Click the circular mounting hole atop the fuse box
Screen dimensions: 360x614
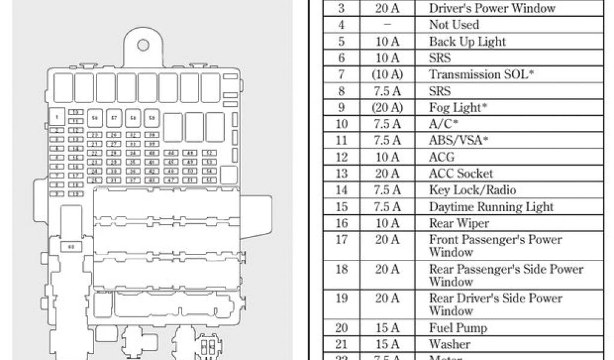143,46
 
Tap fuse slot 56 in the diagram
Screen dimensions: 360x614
95,118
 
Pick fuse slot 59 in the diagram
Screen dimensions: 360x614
152,118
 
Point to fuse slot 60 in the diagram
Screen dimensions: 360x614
71,246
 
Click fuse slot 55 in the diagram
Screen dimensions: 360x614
209,179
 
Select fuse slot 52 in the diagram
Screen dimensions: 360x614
209,153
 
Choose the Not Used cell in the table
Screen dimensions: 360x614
454,25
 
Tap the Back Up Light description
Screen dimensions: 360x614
467,41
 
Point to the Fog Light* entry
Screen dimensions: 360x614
458,107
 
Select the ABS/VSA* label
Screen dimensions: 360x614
459,140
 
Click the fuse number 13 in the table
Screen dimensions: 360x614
341,173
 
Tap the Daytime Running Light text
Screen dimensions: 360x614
491,207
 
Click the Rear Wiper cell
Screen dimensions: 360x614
459,223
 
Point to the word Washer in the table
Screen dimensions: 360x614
449,344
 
